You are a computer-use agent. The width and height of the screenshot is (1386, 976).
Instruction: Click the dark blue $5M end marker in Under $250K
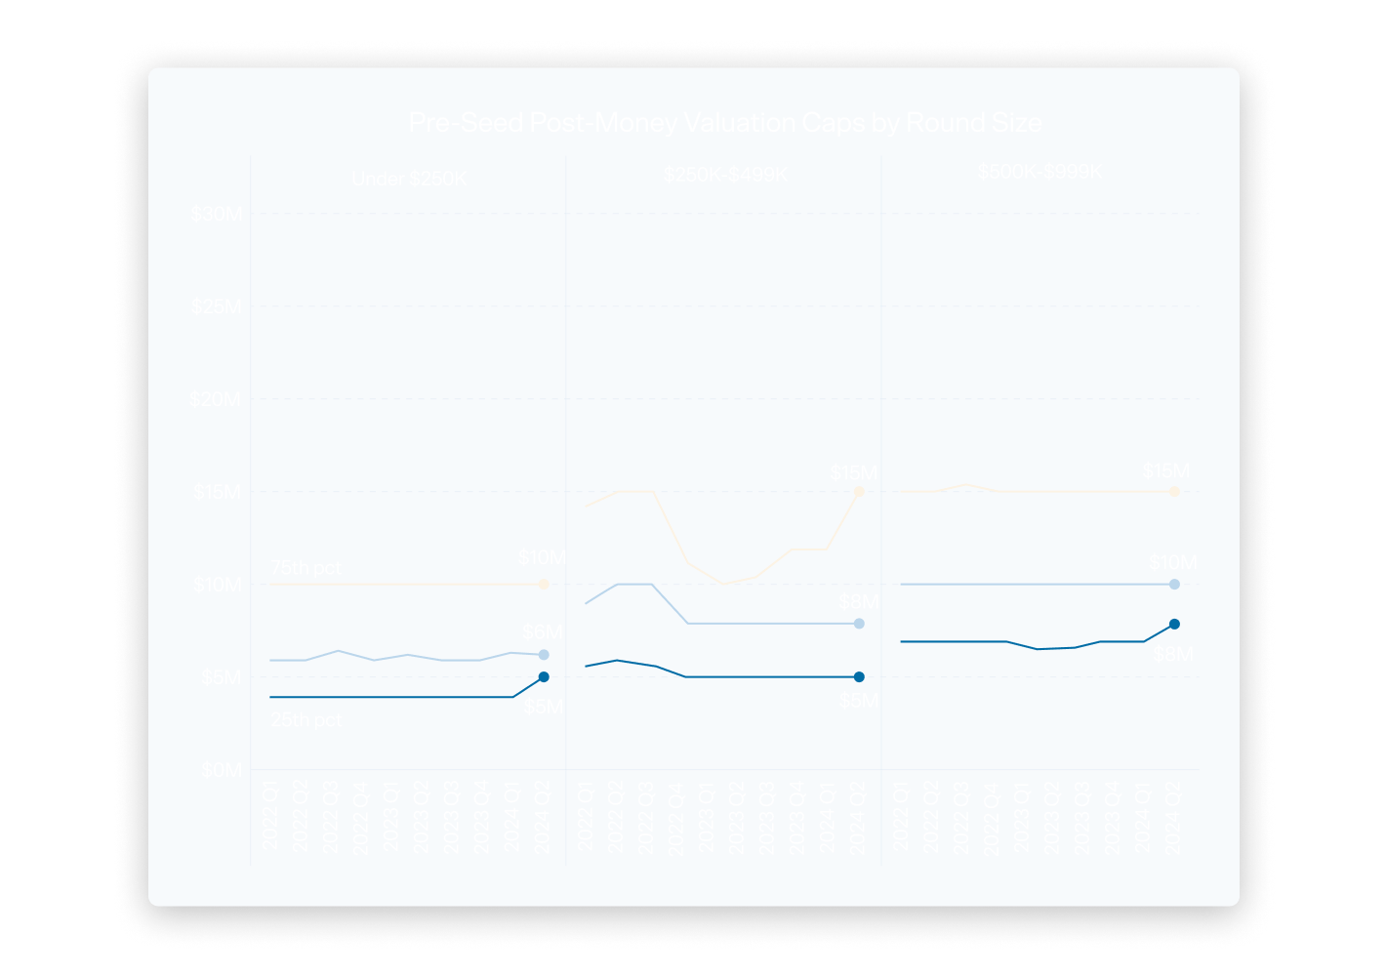[x=544, y=676]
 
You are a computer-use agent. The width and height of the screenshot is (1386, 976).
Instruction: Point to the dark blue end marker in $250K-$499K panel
[x=859, y=676]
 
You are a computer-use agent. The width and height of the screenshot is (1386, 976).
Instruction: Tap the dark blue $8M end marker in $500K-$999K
[x=1174, y=624]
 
